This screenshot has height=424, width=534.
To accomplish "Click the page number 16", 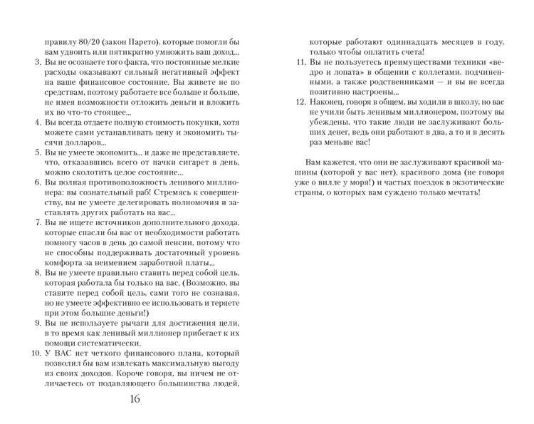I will tap(135, 398).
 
